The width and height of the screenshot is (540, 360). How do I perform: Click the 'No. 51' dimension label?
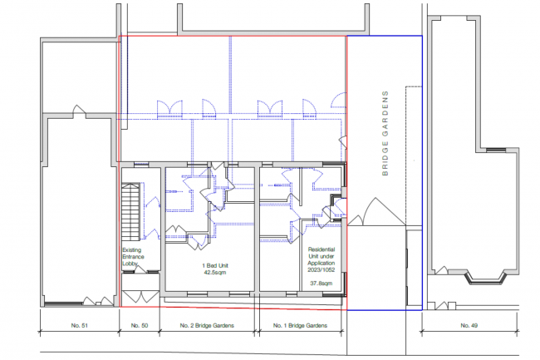(79, 325)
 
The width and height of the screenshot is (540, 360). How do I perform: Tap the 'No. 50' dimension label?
(140, 325)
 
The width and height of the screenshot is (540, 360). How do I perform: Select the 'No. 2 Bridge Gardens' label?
(207, 325)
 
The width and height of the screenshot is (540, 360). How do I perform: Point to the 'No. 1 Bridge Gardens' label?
(300, 325)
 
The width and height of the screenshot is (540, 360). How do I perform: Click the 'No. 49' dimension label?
(469, 325)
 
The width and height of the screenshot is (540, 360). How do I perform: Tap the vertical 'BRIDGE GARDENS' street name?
(385, 133)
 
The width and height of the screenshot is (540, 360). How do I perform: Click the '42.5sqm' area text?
(215, 273)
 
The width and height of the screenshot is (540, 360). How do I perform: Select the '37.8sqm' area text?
(322, 284)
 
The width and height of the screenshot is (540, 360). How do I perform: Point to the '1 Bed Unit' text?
(215, 265)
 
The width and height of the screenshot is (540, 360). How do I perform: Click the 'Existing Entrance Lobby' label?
(133, 257)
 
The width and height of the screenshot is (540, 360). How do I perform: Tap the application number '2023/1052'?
(322, 269)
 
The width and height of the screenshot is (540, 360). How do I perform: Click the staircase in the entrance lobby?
(131, 212)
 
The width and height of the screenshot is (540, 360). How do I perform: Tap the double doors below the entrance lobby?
(140, 297)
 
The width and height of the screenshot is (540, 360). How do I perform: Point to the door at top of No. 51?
(79, 111)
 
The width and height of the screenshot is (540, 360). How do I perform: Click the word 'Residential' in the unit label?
(322, 249)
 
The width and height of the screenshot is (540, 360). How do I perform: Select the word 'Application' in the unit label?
(322, 264)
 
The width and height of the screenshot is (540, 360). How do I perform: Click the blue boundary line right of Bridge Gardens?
(422, 173)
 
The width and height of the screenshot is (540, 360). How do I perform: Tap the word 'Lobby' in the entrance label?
(130, 264)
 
